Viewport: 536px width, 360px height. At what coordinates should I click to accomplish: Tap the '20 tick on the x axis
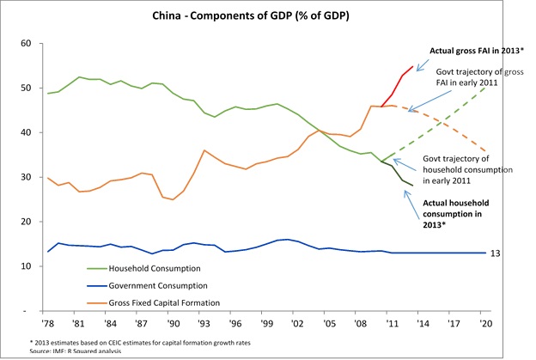click(x=487, y=324)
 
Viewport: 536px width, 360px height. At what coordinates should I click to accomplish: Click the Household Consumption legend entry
click(x=143, y=267)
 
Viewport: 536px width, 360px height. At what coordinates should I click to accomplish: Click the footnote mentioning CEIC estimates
click(x=163, y=341)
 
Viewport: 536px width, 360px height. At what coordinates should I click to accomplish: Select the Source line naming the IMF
click(x=77, y=351)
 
